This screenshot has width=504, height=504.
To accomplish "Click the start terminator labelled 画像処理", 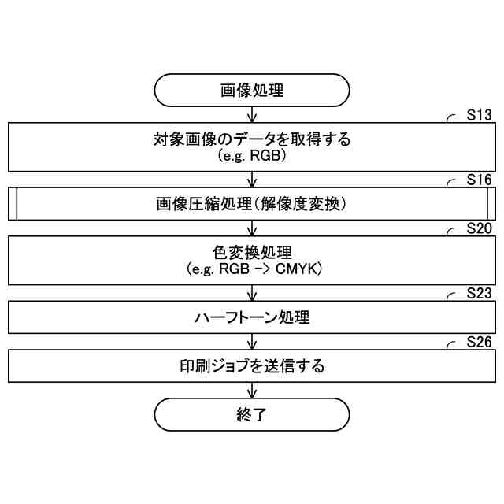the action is tap(251, 90).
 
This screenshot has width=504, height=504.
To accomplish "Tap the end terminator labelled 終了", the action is tap(251, 414).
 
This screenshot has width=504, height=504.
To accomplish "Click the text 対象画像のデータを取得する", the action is tap(251, 140).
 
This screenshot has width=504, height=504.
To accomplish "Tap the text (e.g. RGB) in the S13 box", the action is tap(251, 156).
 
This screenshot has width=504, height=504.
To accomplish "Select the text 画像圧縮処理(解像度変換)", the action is tap(251, 205).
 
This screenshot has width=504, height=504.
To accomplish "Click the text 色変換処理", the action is tap(251, 254).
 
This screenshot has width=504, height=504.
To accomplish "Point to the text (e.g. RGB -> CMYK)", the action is tap(251, 269).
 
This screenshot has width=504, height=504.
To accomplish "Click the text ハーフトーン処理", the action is tap(251, 318).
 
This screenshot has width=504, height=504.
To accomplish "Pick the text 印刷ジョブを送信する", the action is tap(251, 366).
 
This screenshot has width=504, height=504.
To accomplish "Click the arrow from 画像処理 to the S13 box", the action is tap(251, 114).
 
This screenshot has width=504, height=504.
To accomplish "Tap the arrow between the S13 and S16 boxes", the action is tap(251, 180).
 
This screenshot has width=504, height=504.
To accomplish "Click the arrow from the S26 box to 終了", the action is tap(251, 391).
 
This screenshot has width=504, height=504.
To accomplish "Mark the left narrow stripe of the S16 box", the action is tap(13, 204).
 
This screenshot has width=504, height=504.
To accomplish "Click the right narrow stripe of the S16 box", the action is tap(491, 204).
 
